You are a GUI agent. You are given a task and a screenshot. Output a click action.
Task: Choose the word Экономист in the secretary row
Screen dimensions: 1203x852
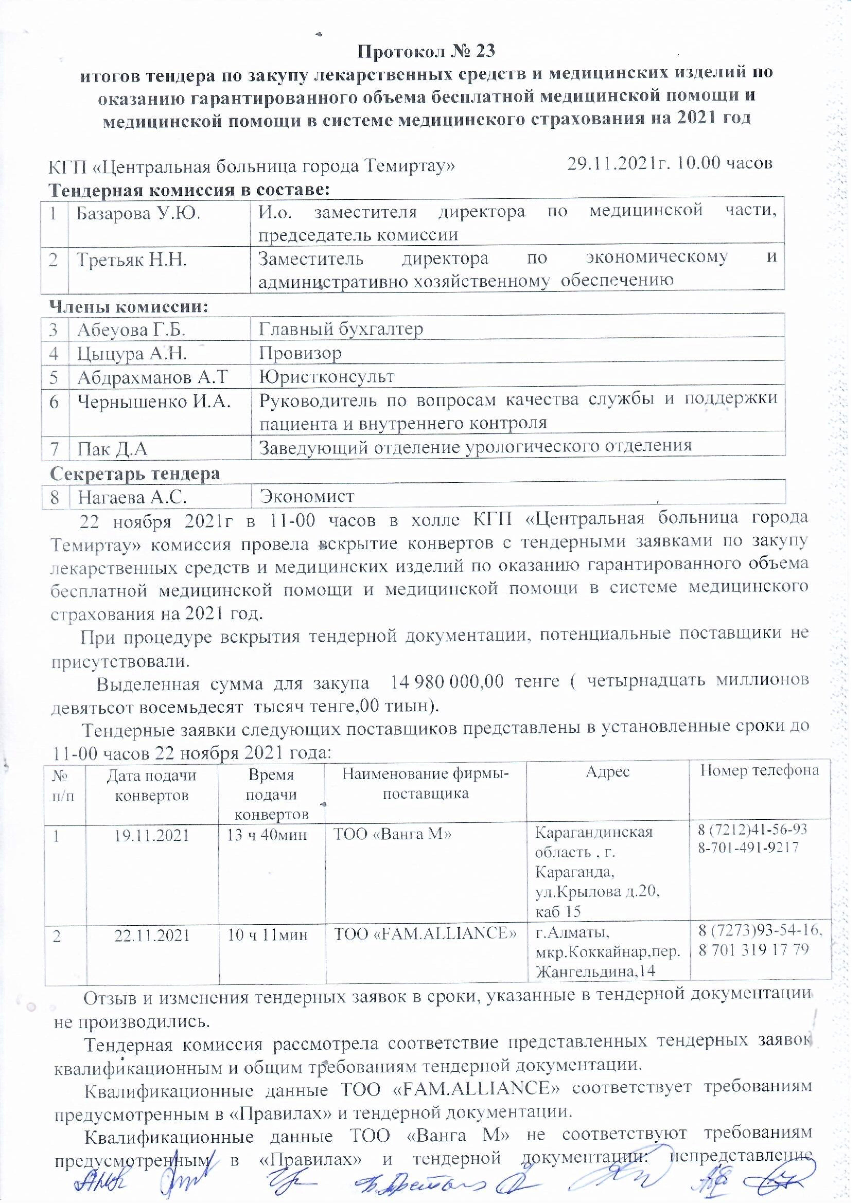click(307, 496)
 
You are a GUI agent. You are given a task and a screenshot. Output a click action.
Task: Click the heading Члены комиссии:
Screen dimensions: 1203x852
click(129, 307)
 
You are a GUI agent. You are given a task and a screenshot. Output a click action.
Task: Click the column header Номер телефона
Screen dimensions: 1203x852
click(760, 770)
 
